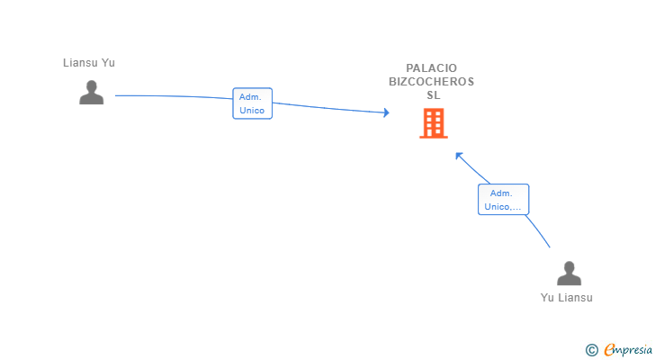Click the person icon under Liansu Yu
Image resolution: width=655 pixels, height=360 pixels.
[92, 93]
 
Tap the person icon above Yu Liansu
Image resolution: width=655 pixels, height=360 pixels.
[569, 273]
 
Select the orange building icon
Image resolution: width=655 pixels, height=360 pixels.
[434, 123]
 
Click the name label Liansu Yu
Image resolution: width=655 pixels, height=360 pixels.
[89, 63]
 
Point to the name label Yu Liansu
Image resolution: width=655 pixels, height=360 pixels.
[567, 298]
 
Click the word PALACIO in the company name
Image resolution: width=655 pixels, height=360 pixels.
[432, 68]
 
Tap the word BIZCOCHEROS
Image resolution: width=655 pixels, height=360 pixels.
[432, 81]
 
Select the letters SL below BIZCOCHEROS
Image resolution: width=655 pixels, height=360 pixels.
[434, 95]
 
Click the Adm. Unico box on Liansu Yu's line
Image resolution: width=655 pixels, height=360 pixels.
[252, 103]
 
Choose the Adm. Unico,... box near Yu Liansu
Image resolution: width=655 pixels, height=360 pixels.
[503, 200]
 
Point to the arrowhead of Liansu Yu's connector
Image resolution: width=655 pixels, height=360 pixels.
[386, 112]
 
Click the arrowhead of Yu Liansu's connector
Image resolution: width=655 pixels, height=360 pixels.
[458, 156]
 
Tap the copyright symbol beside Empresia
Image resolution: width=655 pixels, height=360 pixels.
[591, 350]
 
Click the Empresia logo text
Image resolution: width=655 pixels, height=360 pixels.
[628, 349]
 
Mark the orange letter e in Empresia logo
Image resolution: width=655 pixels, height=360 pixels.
[609, 349]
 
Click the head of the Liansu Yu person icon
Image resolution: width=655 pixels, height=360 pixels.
[92, 86]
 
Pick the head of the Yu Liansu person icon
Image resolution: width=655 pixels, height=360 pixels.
[569, 267]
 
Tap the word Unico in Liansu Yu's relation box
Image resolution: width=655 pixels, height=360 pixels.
[252, 111]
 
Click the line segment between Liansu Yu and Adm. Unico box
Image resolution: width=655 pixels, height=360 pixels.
[174, 96]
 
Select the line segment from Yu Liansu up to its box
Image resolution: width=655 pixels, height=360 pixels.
[538, 231]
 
